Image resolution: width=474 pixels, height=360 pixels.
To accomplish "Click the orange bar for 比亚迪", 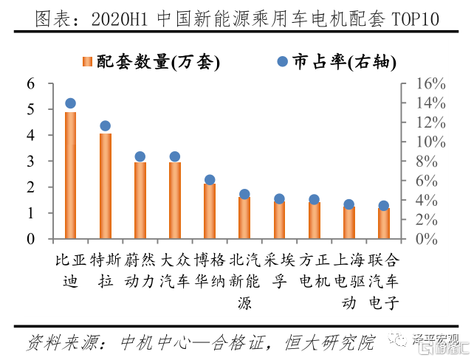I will (x=71, y=176).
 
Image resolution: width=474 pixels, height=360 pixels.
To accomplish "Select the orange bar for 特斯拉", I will (x=106, y=186).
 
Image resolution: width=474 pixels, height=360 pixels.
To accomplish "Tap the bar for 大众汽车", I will (x=175, y=200).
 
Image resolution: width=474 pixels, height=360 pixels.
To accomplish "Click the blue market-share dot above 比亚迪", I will (x=71, y=104).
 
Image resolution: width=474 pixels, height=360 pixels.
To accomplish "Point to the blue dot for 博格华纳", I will (x=210, y=180).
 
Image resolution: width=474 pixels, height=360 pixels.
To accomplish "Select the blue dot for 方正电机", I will (x=314, y=199).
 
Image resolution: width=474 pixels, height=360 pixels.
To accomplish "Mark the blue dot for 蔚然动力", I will (x=140, y=156).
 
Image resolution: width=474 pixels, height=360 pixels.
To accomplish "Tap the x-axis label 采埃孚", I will (x=279, y=270).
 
